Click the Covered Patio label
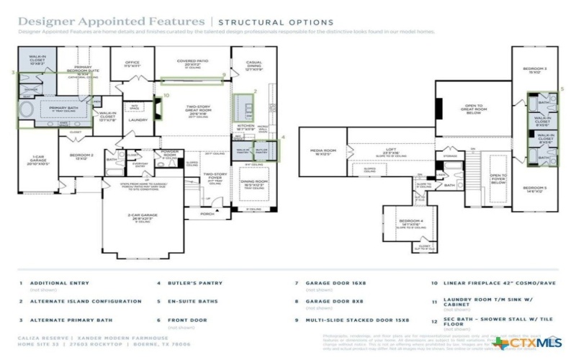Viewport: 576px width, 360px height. point(191,63)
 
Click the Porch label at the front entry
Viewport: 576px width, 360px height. point(207,213)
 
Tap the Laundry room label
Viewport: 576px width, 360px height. point(138,120)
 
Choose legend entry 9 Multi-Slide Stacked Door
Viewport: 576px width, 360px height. point(356,319)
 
